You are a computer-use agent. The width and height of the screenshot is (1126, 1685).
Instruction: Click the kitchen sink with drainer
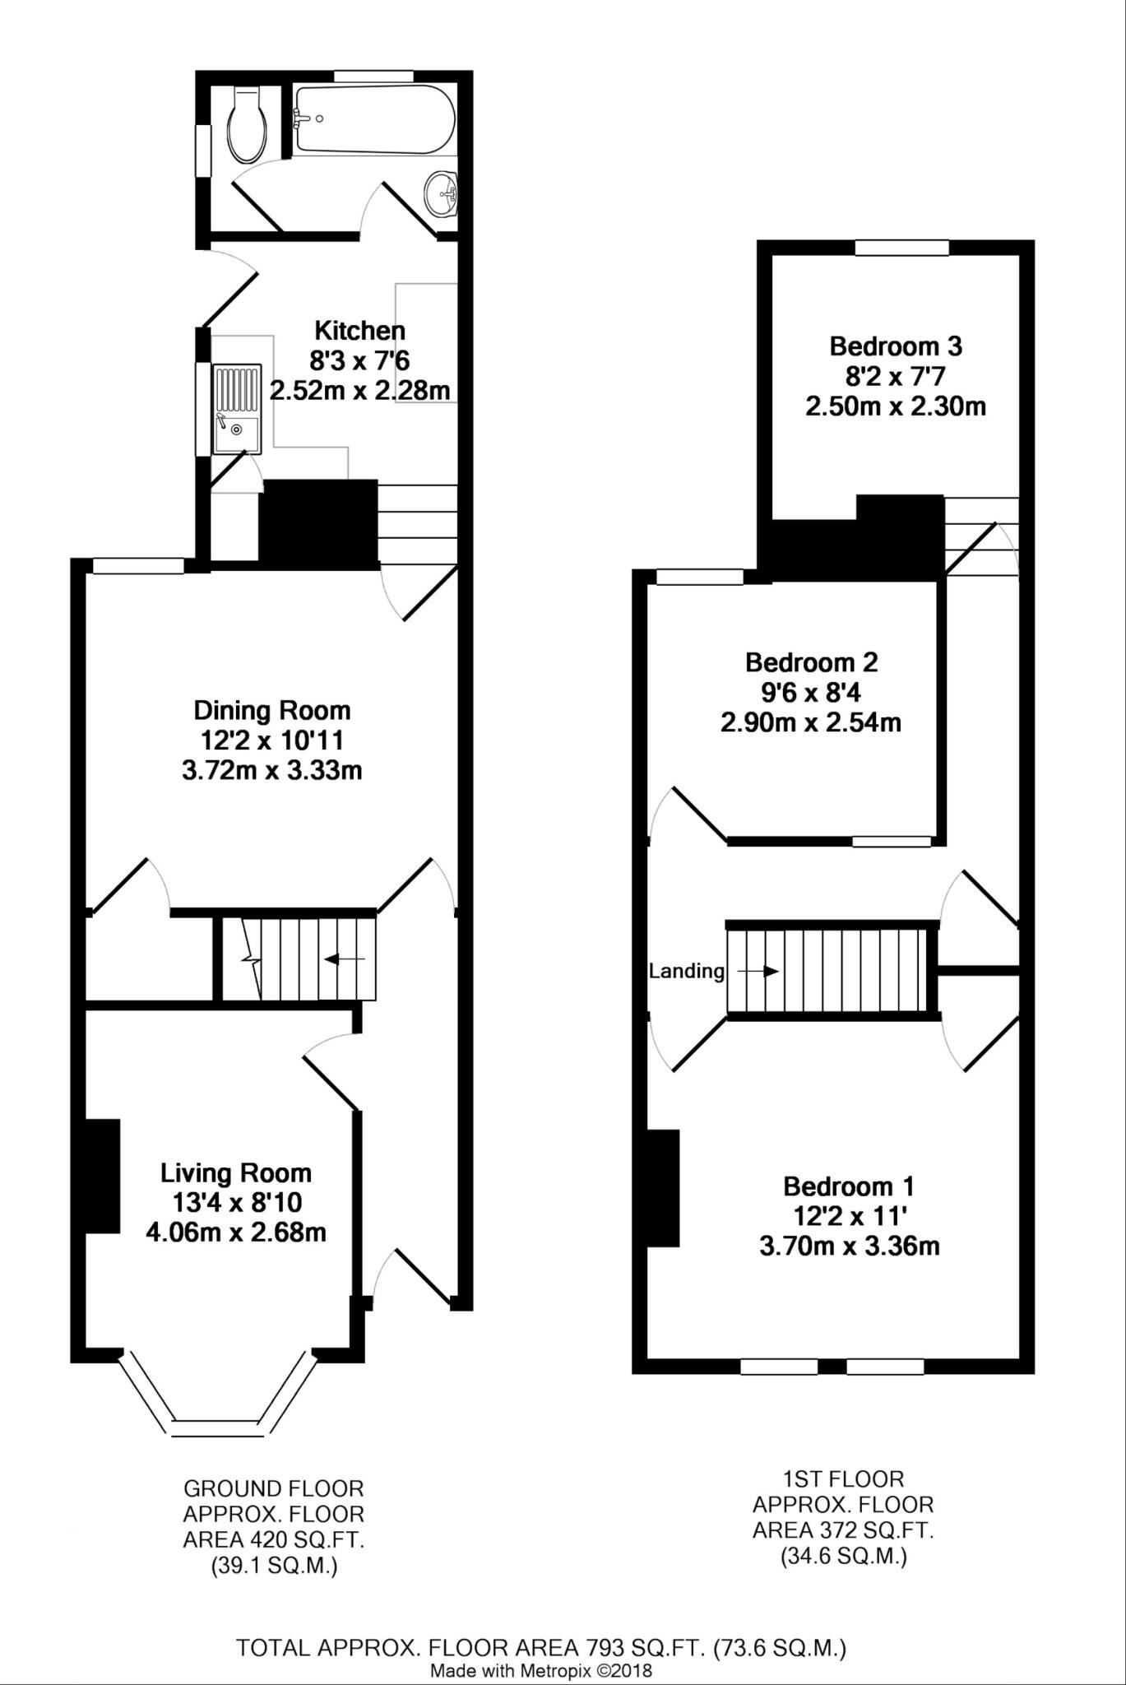tap(237, 409)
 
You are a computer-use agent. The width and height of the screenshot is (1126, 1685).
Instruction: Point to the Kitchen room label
tap(360, 331)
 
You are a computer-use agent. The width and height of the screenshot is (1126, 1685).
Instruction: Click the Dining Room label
tap(271, 710)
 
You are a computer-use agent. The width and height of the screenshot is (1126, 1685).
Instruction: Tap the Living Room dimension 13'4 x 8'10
tap(237, 1203)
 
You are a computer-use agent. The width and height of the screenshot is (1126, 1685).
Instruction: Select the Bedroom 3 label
tap(896, 346)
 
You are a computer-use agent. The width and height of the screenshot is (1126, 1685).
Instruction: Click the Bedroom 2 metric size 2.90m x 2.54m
tap(811, 723)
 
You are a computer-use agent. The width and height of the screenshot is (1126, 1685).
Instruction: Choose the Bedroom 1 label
tap(849, 1186)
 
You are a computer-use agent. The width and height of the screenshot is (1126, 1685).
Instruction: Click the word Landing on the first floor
tap(686, 972)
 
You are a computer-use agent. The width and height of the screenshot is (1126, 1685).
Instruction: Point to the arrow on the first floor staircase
tap(758, 972)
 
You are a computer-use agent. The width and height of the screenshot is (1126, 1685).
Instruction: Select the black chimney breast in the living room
tap(103, 1176)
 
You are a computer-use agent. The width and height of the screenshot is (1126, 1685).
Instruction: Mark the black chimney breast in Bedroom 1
tap(663, 1188)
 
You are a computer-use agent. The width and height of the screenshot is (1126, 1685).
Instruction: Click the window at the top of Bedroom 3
tap(901, 247)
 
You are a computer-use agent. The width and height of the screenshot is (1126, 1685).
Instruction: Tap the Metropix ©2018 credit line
tap(541, 1671)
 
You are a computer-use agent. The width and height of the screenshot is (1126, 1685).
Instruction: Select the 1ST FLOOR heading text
tap(843, 1480)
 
